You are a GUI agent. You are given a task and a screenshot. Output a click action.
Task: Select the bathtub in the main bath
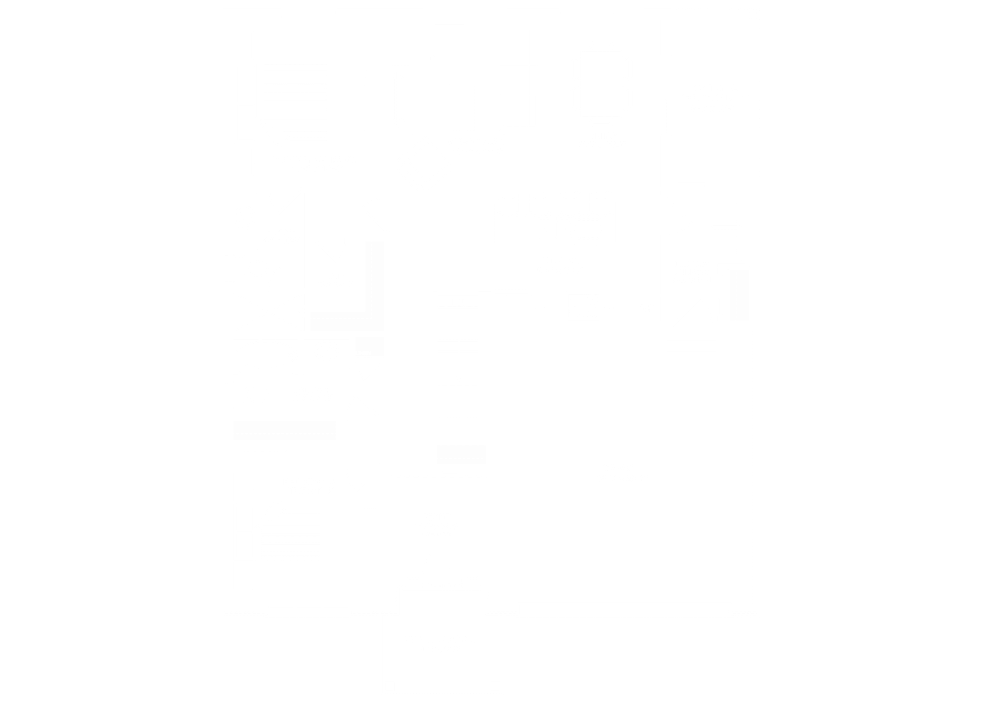click(265, 355)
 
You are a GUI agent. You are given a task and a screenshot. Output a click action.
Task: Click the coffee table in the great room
click(462, 108)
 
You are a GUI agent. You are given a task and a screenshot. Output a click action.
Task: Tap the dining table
click(601, 84)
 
